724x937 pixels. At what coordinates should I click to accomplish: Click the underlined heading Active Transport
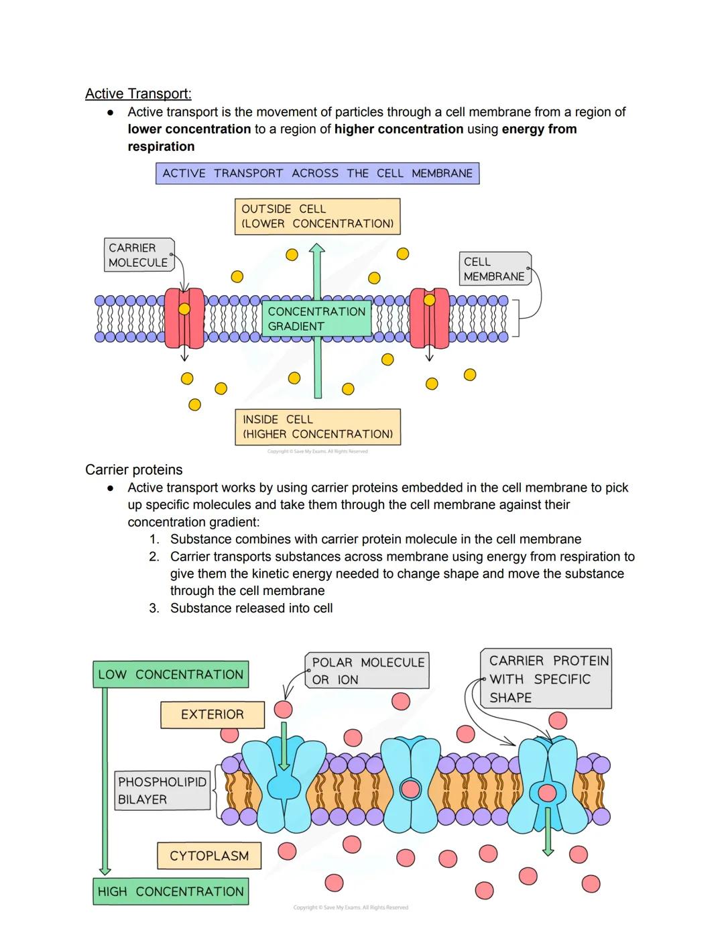coord(138,94)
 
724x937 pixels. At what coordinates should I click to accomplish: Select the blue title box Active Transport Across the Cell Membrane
coord(317,174)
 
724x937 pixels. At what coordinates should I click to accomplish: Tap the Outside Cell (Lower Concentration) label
coord(317,216)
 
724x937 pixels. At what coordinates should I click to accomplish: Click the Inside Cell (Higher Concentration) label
coord(317,427)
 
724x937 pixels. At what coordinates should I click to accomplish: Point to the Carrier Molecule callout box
coord(139,255)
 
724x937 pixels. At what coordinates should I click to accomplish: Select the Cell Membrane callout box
coord(495,269)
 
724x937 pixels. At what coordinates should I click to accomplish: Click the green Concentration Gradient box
coord(316,319)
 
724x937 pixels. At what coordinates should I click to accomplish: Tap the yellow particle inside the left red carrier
coord(184,309)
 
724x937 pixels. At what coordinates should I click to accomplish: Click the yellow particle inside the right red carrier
coord(429,300)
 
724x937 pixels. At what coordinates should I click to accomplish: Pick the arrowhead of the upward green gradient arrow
coord(317,250)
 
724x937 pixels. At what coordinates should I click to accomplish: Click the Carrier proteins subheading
coord(133,470)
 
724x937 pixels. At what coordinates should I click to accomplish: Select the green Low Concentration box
coord(170,675)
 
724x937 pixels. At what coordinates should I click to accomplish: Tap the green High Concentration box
coord(170,891)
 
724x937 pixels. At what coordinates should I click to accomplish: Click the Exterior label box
coord(212,715)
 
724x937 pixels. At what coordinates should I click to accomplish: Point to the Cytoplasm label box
coord(209,856)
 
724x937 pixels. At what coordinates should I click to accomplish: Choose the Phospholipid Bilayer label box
coord(162,791)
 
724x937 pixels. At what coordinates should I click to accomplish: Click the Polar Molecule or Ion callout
coord(367,671)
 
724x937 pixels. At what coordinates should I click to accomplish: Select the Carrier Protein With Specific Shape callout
coord(546,679)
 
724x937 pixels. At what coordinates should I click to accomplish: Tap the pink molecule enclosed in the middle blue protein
coord(410,789)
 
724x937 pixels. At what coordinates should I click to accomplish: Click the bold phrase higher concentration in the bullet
coord(399,129)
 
